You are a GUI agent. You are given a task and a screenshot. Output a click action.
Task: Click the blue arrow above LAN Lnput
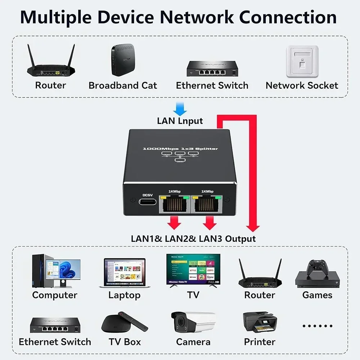click(x=180, y=108)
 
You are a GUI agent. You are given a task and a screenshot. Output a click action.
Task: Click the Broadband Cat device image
click(x=123, y=60)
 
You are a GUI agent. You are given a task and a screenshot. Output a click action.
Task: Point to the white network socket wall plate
click(x=302, y=61)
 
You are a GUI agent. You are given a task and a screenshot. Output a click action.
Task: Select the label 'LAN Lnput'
click(x=180, y=121)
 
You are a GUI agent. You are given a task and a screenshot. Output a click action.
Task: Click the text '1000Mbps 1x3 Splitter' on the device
click(x=180, y=149)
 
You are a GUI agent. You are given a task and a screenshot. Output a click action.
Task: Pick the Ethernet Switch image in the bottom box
click(x=55, y=325)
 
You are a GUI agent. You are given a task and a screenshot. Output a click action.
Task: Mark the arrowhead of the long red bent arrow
click(x=253, y=228)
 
